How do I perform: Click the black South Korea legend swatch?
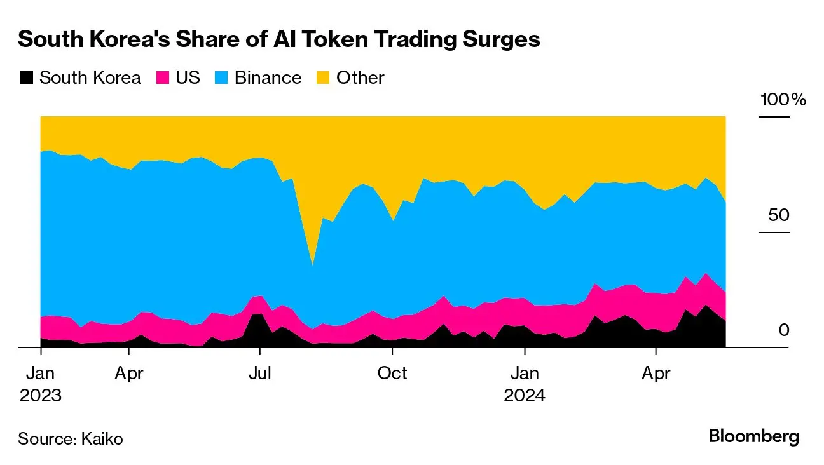(x=26, y=78)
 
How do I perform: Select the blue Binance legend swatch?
(x=222, y=78)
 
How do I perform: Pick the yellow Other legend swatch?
(x=324, y=78)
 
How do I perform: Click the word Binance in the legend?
(x=268, y=78)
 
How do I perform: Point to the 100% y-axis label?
(x=783, y=100)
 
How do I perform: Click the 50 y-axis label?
(x=778, y=215)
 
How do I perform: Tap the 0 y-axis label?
(x=784, y=330)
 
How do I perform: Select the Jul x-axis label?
(x=259, y=374)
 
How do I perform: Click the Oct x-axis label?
(x=392, y=374)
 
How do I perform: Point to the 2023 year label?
(x=41, y=396)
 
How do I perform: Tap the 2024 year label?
(x=525, y=396)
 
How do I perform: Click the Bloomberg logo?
(x=753, y=437)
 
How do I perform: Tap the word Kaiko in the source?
(x=102, y=438)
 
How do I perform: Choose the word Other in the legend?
(x=360, y=78)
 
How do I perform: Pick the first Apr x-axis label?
(x=129, y=374)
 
